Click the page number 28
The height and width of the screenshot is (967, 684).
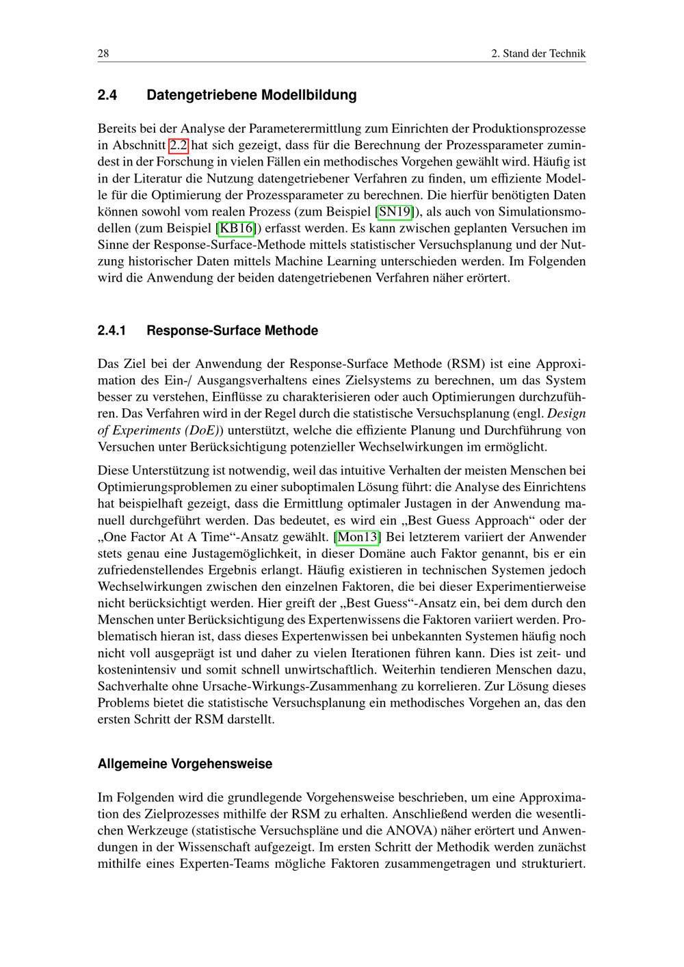point(104,53)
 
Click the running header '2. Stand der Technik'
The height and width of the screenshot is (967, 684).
point(538,53)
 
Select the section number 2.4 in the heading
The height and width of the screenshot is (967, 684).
point(107,95)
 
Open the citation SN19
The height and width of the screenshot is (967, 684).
point(395,211)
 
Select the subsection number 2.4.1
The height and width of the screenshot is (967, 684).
point(112,331)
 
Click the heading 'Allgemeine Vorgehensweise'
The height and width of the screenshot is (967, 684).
point(185,764)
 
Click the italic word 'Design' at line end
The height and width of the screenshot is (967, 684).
point(567,414)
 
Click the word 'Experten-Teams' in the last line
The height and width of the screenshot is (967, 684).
point(220,863)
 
